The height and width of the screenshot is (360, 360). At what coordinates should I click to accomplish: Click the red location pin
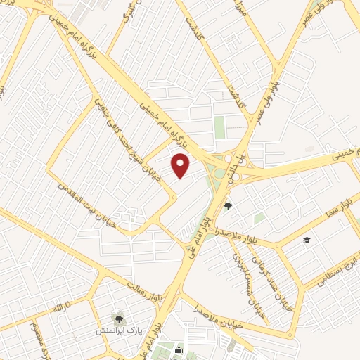coord(181,165)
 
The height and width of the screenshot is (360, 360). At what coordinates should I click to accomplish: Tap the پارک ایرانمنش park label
coord(117,329)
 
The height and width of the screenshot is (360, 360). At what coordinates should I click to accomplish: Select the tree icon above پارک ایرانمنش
coord(117,317)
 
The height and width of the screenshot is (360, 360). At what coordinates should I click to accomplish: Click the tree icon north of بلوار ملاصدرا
coord(228,206)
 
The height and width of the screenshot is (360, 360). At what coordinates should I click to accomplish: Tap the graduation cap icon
coord(307,241)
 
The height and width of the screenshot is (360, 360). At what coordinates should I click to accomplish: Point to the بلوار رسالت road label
coord(144,285)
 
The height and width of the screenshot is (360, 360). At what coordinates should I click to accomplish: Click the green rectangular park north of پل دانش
coord(219,127)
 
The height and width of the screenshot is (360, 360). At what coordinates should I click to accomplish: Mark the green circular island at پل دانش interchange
coord(220,173)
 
